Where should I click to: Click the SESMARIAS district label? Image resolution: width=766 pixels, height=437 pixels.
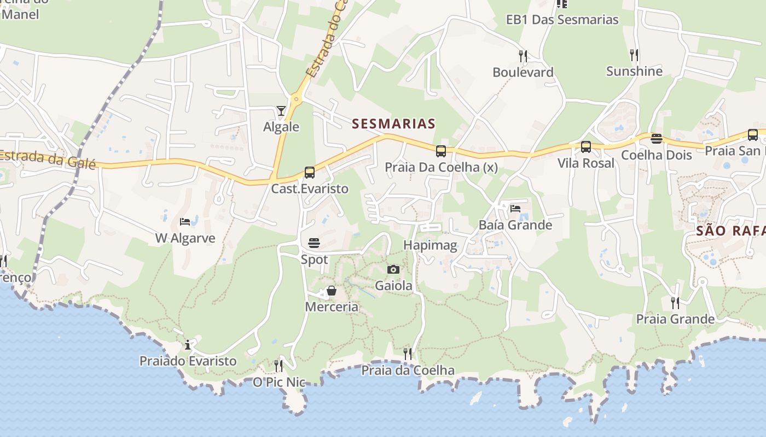coord(393,124)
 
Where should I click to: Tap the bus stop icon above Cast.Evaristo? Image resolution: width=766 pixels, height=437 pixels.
coord(310,173)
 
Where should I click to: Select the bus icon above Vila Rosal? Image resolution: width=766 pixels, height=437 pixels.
coord(586,147)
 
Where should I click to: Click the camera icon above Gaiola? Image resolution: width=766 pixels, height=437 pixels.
coord(393,269)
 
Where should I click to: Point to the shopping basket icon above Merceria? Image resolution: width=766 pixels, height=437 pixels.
coord(332,291)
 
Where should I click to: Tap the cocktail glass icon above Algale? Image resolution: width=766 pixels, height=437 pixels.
coord(281,111)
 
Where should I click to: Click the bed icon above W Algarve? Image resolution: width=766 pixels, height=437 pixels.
coord(185,222)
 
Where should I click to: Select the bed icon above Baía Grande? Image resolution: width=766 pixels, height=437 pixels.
coord(515,208)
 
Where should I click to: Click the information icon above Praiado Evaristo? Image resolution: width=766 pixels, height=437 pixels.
coord(188,345)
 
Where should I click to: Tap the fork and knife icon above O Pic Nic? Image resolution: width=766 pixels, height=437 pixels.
coord(278,365)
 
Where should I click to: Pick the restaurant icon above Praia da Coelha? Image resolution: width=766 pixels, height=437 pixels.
coord(408,353)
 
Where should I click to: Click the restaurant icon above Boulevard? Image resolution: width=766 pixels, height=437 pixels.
coord(523,56)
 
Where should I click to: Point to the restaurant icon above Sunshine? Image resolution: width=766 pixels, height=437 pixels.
coord(634,55)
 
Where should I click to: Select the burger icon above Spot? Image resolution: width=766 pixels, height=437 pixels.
coord(314,243)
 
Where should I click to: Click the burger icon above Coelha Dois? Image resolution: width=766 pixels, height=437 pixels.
coord(657,138)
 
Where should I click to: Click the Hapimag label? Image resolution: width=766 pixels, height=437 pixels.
coord(430,245)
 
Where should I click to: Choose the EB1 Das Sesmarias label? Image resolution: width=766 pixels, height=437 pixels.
coord(562,20)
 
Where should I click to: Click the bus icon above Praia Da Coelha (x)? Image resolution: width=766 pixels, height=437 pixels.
coord(441,151)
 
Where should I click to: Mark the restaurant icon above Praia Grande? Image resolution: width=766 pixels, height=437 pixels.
coord(675,303)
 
